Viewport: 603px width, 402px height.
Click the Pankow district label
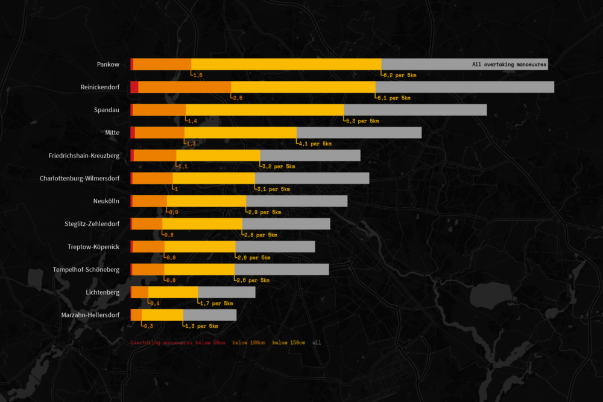(x=108, y=64)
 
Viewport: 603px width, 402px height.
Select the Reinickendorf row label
(x=99, y=87)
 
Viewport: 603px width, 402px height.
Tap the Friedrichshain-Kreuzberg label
(x=84, y=156)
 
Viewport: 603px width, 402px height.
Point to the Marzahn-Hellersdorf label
(x=90, y=315)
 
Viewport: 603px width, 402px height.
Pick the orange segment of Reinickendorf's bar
(x=185, y=87)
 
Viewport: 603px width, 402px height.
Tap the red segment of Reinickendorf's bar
(x=134, y=87)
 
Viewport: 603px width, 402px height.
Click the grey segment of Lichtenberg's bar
(x=226, y=292)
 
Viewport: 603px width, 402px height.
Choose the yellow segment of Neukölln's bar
(x=206, y=201)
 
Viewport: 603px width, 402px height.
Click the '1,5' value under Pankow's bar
(x=198, y=75)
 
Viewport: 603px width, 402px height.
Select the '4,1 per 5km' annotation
(x=315, y=144)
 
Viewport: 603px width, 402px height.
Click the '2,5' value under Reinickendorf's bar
(x=238, y=98)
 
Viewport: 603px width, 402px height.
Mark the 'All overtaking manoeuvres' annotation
(x=509, y=64)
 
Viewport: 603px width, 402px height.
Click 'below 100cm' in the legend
(x=248, y=343)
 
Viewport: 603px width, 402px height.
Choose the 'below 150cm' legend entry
(x=288, y=343)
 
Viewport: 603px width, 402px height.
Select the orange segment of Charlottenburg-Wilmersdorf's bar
(x=152, y=178)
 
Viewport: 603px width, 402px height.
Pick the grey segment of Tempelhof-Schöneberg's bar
(x=282, y=269)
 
